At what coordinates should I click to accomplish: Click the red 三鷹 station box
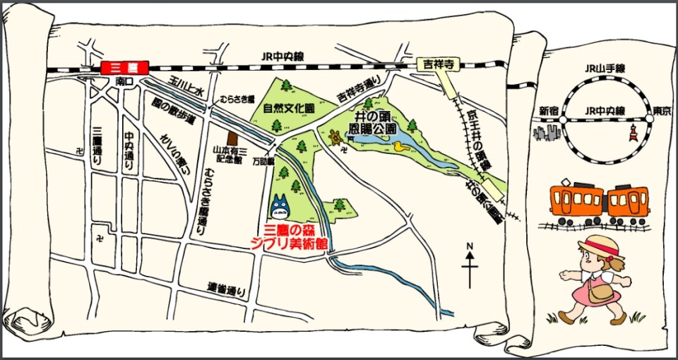tap(123, 68)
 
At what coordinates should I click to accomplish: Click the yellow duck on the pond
tap(400, 148)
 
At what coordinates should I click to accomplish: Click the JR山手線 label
tap(606, 68)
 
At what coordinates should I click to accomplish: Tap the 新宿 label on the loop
tap(549, 111)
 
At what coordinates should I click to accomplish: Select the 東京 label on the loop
tap(661, 111)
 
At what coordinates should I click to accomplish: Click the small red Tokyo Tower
tap(633, 131)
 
